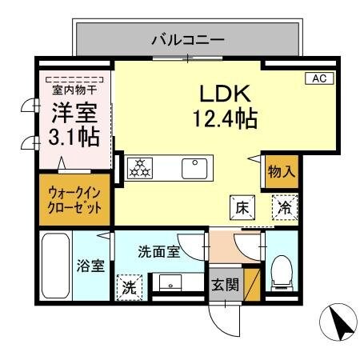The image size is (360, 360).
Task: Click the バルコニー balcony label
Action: tap(187, 38)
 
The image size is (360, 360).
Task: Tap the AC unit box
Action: tap(318, 78)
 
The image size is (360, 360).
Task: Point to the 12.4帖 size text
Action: tap(223, 120)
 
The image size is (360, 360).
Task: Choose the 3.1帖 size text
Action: tap(74, 137)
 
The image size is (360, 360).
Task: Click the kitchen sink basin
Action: tap(194, 168)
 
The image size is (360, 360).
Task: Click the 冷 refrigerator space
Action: tap(284, 206)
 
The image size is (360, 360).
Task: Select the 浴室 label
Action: tap(90, 266)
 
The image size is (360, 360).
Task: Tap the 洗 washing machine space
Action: tap(128, 287)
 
